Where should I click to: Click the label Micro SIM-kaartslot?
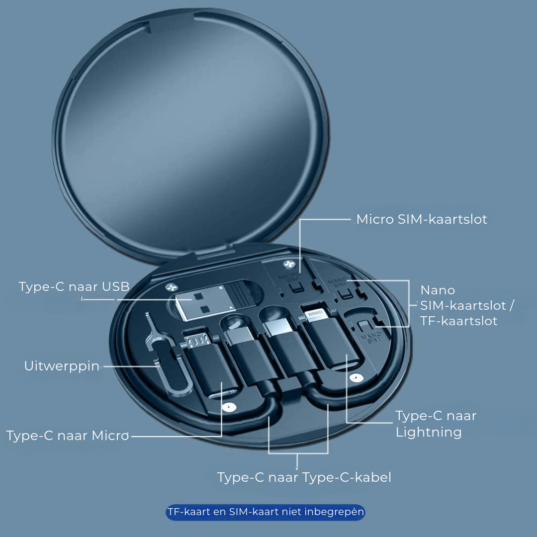point(422,219)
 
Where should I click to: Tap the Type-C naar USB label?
point(74,287)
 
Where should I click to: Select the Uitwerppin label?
point(62,366)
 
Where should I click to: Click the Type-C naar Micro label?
point(68,436)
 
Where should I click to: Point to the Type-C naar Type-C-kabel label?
point(304,477)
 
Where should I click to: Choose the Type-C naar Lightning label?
point(436,424)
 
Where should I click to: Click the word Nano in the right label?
point(438,290)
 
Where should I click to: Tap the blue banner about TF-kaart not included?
point(266,512)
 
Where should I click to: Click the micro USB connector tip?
point(197,339)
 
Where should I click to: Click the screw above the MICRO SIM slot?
point(289,265)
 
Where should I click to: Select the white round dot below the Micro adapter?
point(229,407)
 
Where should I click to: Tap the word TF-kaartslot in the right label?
point(458,321)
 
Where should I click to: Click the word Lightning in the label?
point(429,432)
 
